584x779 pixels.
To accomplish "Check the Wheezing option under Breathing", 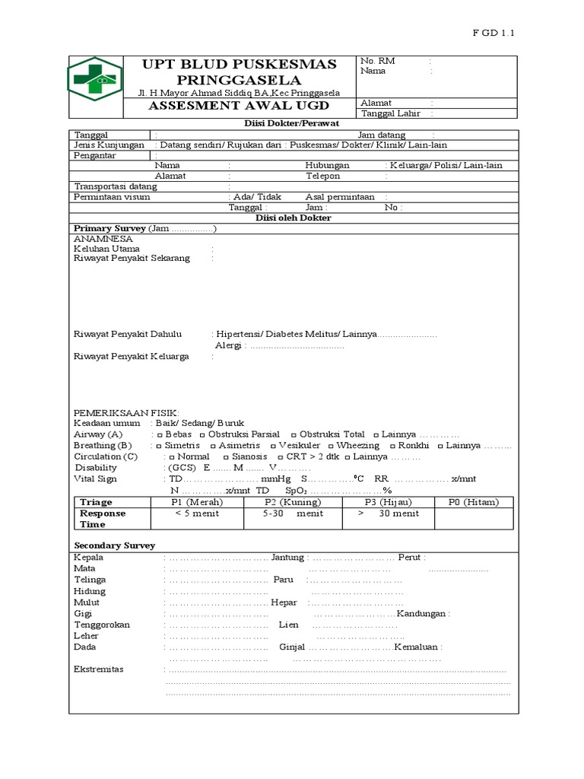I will coord(357,445).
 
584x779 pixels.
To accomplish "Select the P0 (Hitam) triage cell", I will coord(475,502).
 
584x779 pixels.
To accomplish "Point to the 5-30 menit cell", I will coord(293,514).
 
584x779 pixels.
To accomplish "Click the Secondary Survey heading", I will coord(114,545).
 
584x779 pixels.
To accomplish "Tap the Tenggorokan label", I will coord(102,625).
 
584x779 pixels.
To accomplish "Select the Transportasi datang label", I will coord(115,186).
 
